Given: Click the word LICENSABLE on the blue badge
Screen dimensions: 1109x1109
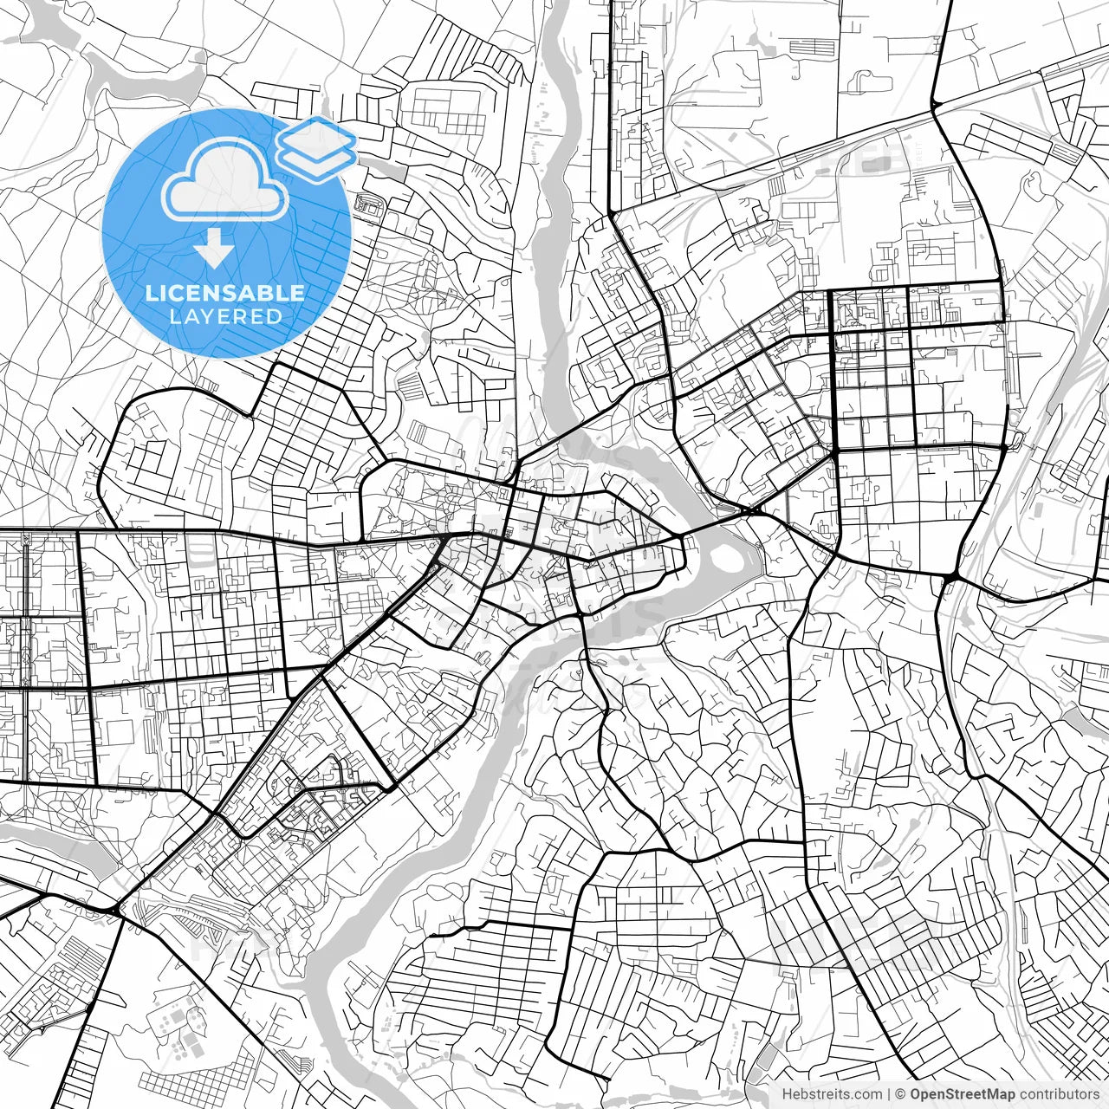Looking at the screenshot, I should pos(225,293).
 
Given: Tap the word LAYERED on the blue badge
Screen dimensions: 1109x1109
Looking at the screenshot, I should pos(225,316).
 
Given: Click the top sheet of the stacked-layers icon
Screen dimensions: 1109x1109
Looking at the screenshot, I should pos(316,137).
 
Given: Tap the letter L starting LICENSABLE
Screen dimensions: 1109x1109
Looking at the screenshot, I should pos(151,293).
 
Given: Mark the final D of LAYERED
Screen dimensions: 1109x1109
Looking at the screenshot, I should pos(276,316).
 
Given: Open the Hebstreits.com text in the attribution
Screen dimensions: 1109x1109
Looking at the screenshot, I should pos(832,1095).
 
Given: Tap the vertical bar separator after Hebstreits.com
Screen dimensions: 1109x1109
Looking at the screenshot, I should pos(889,1095).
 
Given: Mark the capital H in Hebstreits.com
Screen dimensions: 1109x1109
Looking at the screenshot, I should pos(787,1095).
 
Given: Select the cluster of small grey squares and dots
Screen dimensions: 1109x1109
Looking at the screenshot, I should pos(178,1031).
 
